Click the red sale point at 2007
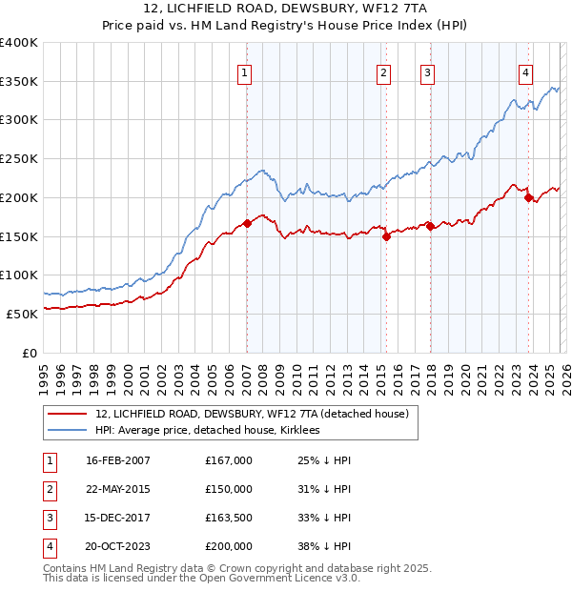pos(247,223)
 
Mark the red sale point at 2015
pos(386,236)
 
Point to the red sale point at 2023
pos(528,197)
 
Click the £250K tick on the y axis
pos(19,158)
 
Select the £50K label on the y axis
pos(23,314)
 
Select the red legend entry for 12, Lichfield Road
pos(252,414)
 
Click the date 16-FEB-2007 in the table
pos(118,460)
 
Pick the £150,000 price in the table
pos(229,489)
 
